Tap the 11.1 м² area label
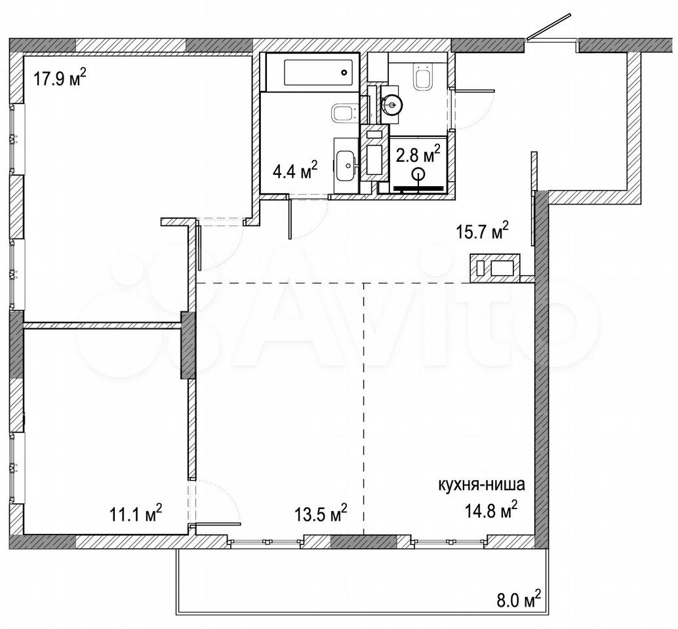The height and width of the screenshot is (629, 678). click(x=136, y=514)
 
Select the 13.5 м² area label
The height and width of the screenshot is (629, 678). click(x=321, y=514)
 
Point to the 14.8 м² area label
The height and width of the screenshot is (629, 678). click(x=491, y=510)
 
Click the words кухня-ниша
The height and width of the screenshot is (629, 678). click(x=482, y=485)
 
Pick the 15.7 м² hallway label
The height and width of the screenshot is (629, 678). click(x=482, y=231)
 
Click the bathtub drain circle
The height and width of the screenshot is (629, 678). click(x=344, y=72)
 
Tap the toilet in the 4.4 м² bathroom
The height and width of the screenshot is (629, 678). click(x=346, y=113)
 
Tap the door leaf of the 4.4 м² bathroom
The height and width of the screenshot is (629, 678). click(x=289, y=218)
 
